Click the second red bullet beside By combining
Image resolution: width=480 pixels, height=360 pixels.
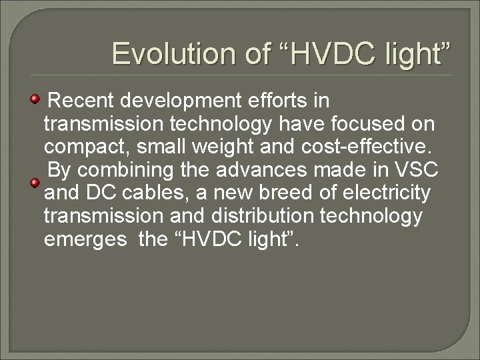[35, 182]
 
